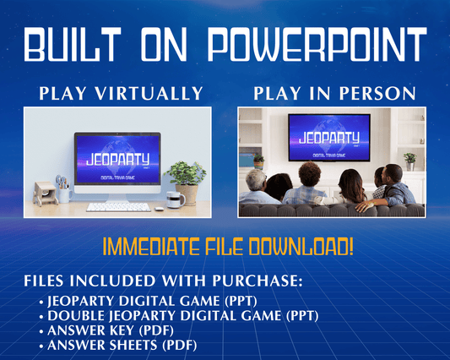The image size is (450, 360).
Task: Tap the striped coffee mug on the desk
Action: [174, 199]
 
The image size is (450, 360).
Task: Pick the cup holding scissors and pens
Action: [62, 190]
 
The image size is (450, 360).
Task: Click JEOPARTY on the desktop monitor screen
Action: [117, 158]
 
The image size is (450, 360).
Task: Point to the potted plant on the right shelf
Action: [410, 158]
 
